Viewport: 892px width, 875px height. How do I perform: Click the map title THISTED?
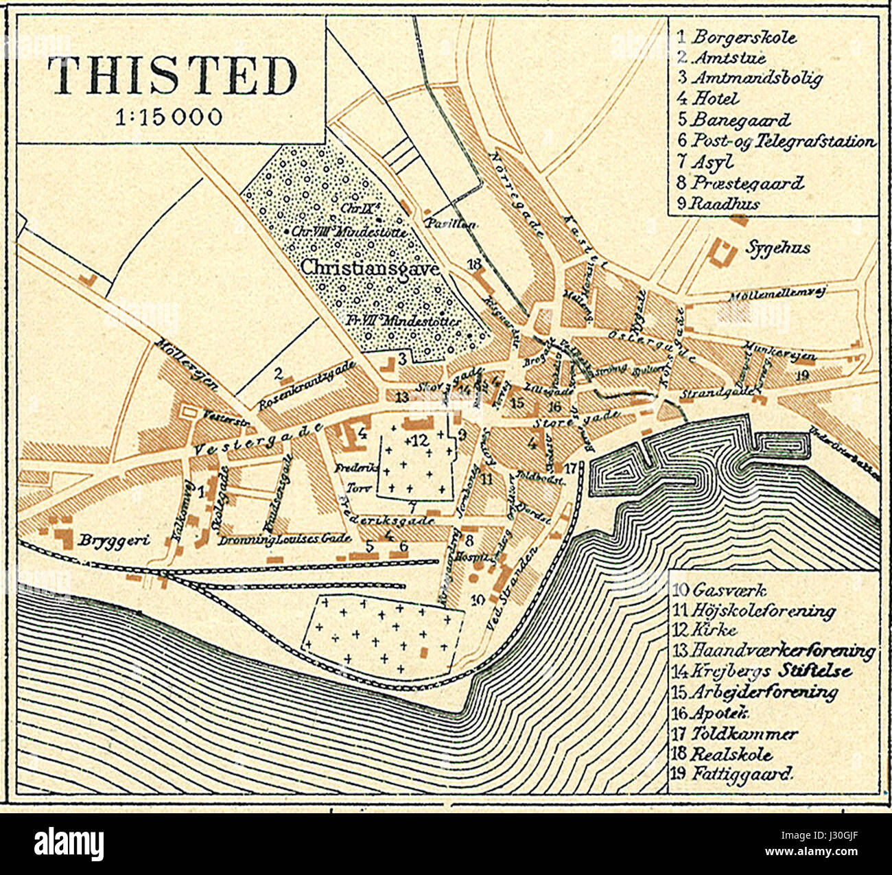[172, 75]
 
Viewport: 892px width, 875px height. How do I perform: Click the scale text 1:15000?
[169, 117]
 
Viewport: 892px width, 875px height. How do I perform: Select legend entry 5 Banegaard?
[734, 119]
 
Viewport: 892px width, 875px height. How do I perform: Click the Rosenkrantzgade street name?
[307, 386]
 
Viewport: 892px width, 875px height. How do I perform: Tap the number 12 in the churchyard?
[419, 441]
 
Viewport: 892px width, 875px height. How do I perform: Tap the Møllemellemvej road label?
[775, 294]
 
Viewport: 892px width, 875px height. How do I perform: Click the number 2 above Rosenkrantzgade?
[278, 374]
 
